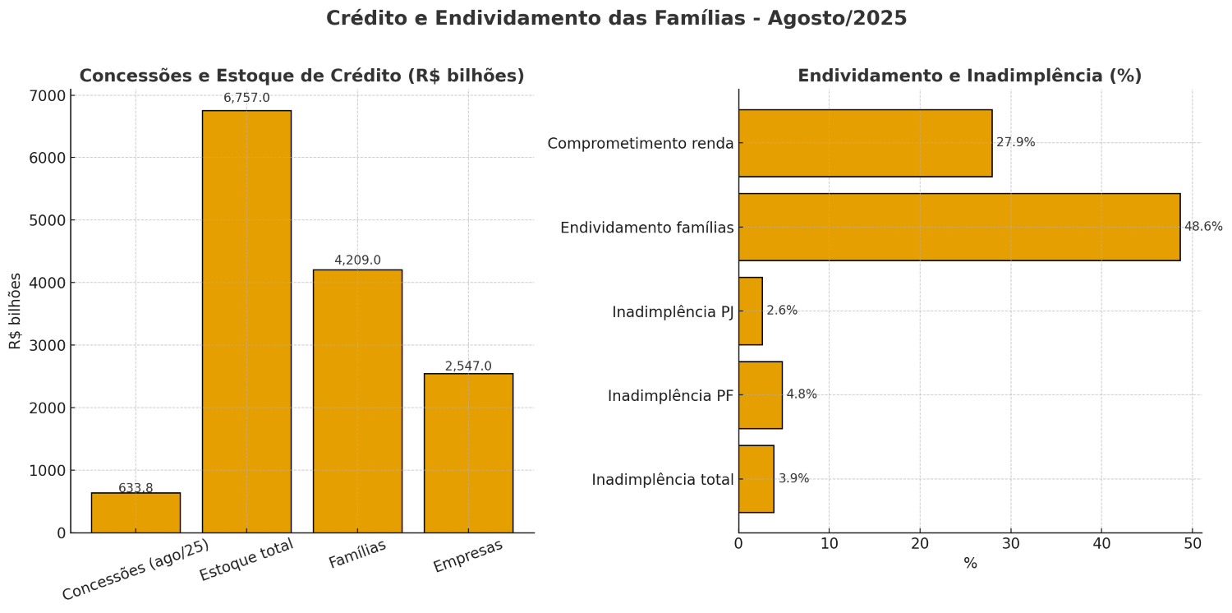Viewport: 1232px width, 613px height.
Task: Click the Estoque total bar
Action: click(246, 321)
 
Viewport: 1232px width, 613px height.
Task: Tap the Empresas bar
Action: click(468, 453)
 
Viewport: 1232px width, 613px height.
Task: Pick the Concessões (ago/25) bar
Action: click(136, 513)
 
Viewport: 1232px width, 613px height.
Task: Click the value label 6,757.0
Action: click(246, 98)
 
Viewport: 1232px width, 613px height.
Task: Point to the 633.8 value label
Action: click(136, 488)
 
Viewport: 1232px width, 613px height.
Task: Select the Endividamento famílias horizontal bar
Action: click(958, 227)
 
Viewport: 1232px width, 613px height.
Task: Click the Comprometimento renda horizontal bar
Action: click(865, 143)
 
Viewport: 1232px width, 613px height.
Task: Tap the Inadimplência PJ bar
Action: click(750, 311)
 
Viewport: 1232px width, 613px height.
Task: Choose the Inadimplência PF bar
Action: click(760, 394)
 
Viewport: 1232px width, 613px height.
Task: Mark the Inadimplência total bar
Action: click(756, 479)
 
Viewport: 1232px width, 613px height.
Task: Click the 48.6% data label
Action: click(1202, 227)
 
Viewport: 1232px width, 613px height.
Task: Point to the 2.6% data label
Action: click(781, 311)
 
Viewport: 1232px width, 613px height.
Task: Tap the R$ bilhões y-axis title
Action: click(16, 311)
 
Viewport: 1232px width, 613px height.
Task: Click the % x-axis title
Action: click(970, 564)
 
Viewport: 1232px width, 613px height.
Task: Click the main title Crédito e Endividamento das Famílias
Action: click(616, 18)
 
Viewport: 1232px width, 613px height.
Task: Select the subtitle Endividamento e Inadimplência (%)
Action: click(969, 76)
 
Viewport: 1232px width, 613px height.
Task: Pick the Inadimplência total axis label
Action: click(662, 480)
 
